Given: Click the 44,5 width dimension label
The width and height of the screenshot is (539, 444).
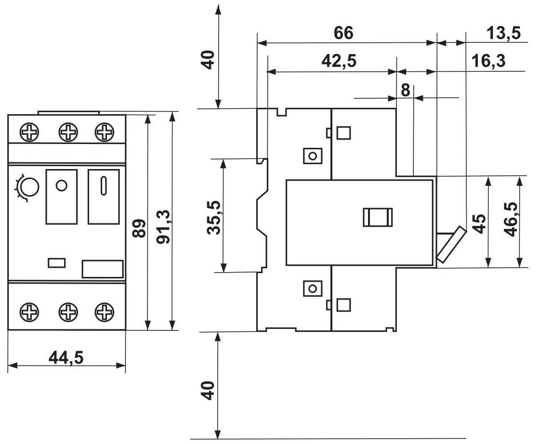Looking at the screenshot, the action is point(66,358).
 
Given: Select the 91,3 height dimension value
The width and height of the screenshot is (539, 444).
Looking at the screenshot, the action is point(163,227).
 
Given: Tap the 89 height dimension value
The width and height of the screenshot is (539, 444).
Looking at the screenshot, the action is point(139,228).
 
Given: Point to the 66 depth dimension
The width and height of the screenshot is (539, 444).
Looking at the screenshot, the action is point(343,33).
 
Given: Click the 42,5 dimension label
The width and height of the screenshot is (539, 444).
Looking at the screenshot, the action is point(339,61).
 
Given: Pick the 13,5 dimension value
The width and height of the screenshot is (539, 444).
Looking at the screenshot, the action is point(503,33).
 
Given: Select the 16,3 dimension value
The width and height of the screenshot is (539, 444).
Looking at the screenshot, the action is point(488,61).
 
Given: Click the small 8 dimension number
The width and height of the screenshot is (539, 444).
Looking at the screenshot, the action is point(406,91).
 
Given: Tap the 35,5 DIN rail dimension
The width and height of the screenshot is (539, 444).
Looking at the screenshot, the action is point(214,218).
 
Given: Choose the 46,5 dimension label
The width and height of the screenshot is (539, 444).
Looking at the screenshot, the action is point(511,219).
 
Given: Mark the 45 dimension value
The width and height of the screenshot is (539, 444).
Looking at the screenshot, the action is point(480,223).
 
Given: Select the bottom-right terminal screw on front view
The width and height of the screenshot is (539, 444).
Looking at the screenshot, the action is point(105,312).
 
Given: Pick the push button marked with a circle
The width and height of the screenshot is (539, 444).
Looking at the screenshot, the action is point(62,196).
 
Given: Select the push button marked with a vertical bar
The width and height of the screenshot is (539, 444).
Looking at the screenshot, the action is point(104,196).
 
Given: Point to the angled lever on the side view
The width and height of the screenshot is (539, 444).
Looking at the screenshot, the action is point(451,244).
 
